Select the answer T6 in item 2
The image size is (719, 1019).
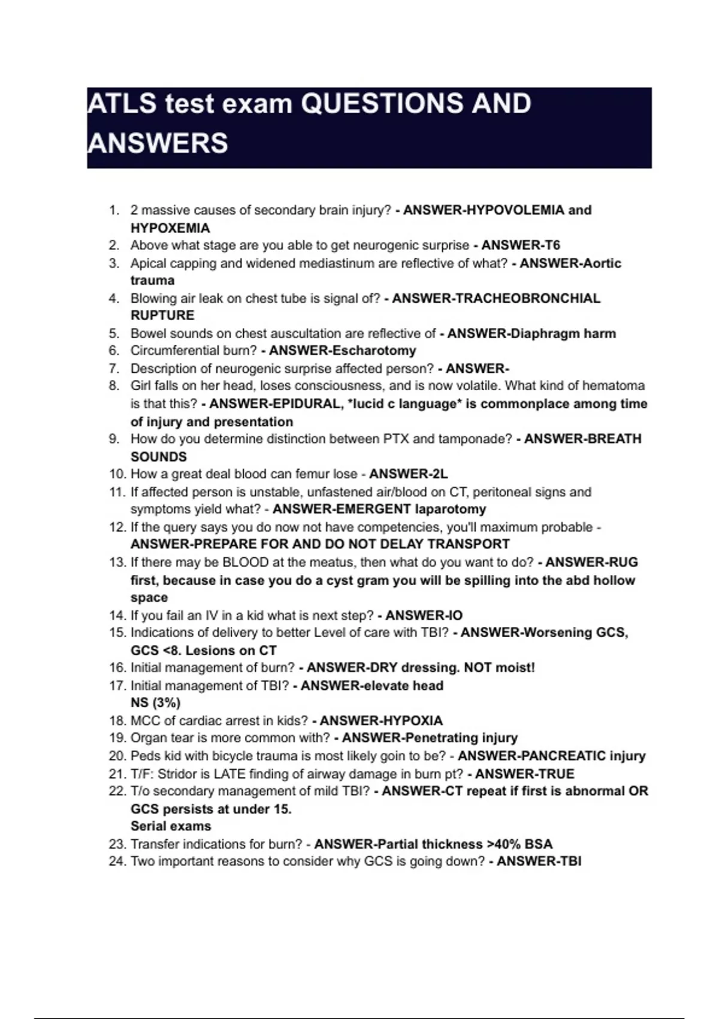click(x=551, y=245)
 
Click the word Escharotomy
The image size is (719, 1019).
click(x=373, y=351)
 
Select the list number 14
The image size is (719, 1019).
click(x=117, y=615)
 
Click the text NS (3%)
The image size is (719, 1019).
click(x=155, y=703)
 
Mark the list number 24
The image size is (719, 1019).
click(x=117, y=861)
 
